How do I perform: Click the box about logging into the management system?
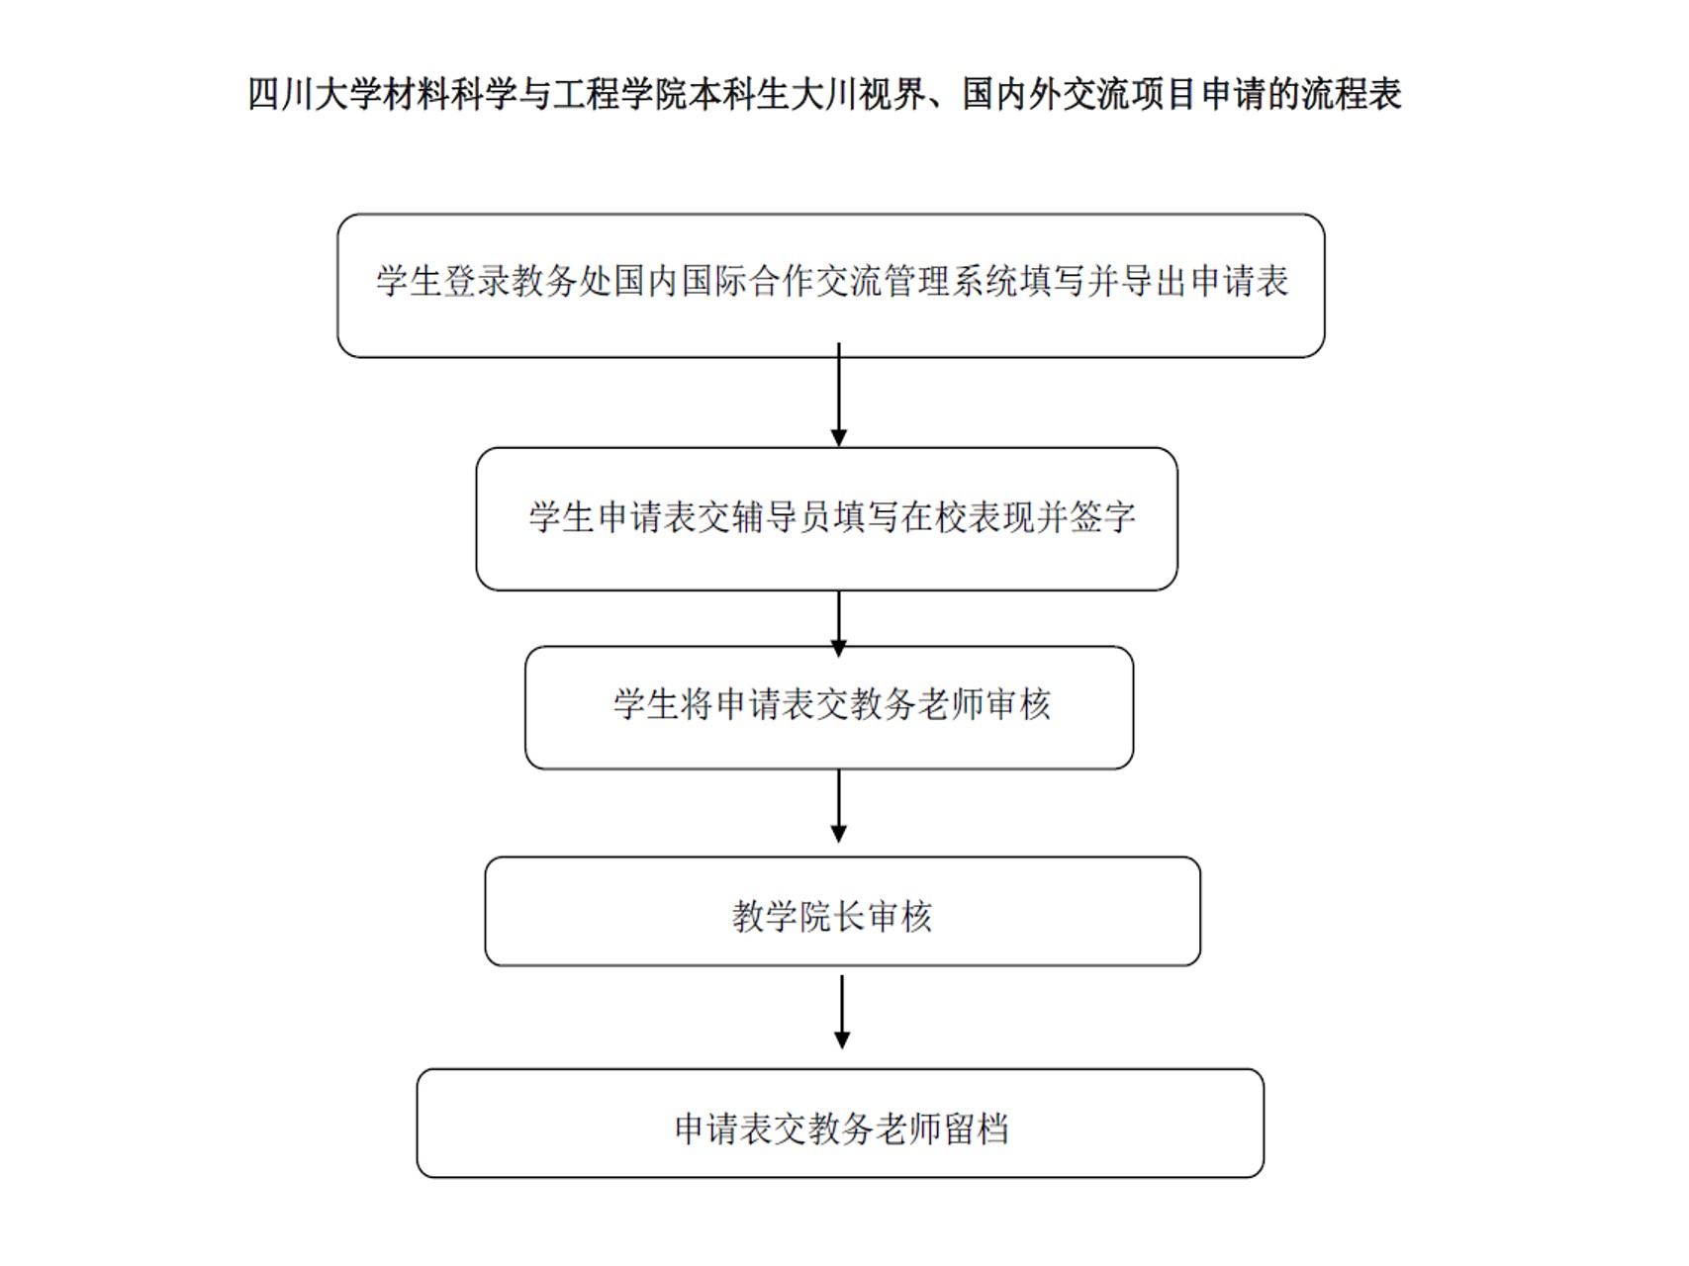coord(831,286)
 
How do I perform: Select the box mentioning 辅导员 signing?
coord(827,519)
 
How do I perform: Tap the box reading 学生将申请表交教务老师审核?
coord(829,708)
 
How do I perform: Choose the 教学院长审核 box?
coord(842,912)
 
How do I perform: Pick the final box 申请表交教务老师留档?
coord(840,1124)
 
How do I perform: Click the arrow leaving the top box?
coord(839,396)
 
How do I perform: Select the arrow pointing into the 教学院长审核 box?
coord(839,806)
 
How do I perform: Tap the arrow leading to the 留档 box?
coord(842,1012)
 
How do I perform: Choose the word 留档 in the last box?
coord(976,1129)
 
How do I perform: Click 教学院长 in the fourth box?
coord(798,917)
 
